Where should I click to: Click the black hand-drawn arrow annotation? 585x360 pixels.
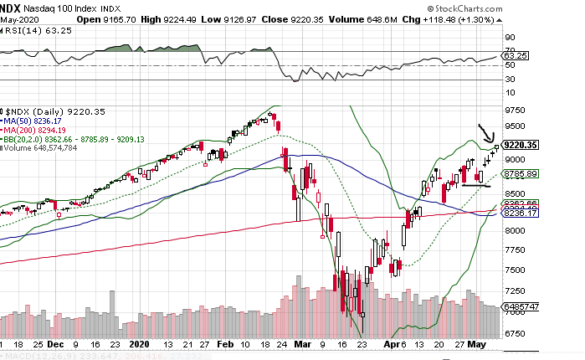click(485, 132)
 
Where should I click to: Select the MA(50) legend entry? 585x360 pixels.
click(35, 120)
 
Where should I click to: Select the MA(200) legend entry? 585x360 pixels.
click(38, 129)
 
